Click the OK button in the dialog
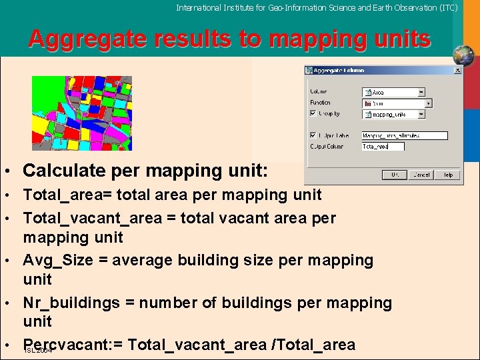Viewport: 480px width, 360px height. click(395, 175)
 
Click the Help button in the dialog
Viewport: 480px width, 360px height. click(448, 175)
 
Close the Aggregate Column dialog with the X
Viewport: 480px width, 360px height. click(457, 70)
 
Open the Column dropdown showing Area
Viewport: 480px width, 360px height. click(421, 92)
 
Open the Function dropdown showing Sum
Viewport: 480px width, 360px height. click(428, 103)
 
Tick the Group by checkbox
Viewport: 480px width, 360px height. click(313, 114)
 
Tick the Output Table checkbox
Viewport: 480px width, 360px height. click(313, 135)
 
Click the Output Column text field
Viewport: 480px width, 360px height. click(383, 146)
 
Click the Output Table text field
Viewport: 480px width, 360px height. click(405, 135)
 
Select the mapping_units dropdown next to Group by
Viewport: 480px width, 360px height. click(421, 114)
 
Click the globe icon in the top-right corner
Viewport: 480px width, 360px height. click(462, 55)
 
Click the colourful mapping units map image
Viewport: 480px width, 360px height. click(82, 113)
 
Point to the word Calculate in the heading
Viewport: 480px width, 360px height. click(60, 171)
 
